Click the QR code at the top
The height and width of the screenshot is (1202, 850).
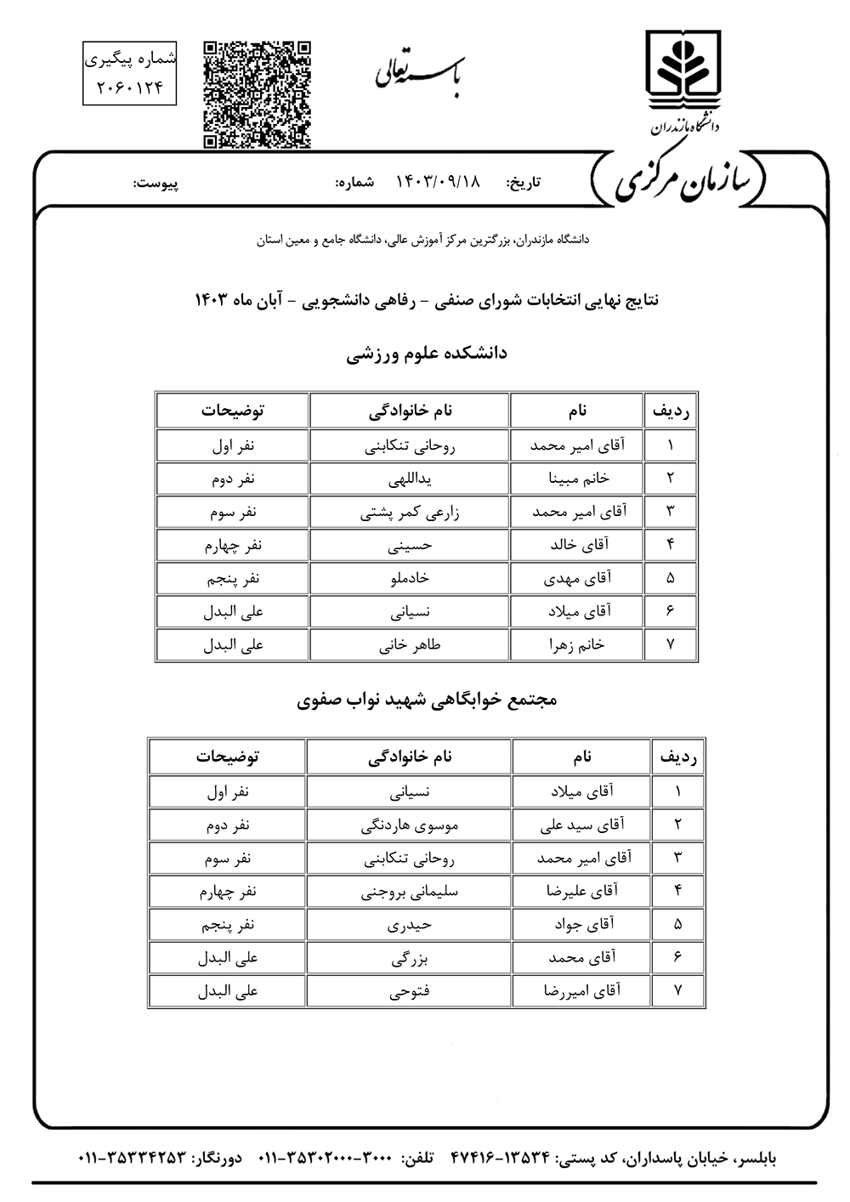[257, 94]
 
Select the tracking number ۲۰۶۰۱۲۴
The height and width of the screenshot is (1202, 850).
[129, 87]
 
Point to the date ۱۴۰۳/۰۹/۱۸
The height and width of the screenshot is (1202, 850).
[439, 182]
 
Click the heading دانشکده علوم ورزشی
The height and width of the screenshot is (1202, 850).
[426, 353]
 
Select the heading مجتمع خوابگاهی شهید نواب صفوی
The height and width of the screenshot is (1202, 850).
[427, 700]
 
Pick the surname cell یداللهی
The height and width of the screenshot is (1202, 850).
[410, 479]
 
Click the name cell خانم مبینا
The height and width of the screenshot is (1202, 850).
[578, 479]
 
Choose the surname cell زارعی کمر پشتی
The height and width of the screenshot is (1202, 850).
[410, 512]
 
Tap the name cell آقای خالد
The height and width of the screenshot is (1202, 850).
[578, 545]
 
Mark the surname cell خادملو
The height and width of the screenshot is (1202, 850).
[410, 578]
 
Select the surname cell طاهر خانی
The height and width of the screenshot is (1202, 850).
[410, 644]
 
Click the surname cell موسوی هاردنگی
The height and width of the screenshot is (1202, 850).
[410, 824]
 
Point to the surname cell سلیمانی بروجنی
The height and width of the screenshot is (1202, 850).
[410, 891]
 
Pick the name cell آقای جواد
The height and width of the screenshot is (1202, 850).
[582, 924]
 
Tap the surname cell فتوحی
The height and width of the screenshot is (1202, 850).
[410, 990]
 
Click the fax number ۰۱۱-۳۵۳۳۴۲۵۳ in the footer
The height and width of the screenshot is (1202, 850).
[132, 1158]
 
